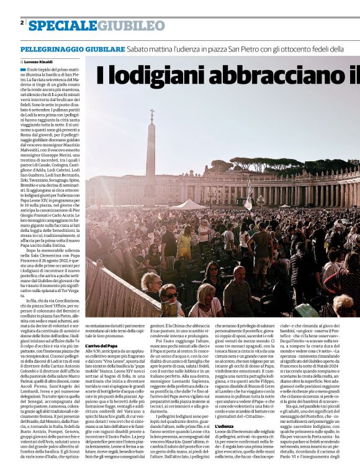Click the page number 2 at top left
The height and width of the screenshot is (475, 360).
(x=22, y=23)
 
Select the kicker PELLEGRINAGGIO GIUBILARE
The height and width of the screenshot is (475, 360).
(x=72, y=49)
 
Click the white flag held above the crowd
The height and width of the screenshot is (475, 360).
(x=250, y=197)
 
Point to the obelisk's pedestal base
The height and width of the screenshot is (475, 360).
(x=151, y=202)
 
